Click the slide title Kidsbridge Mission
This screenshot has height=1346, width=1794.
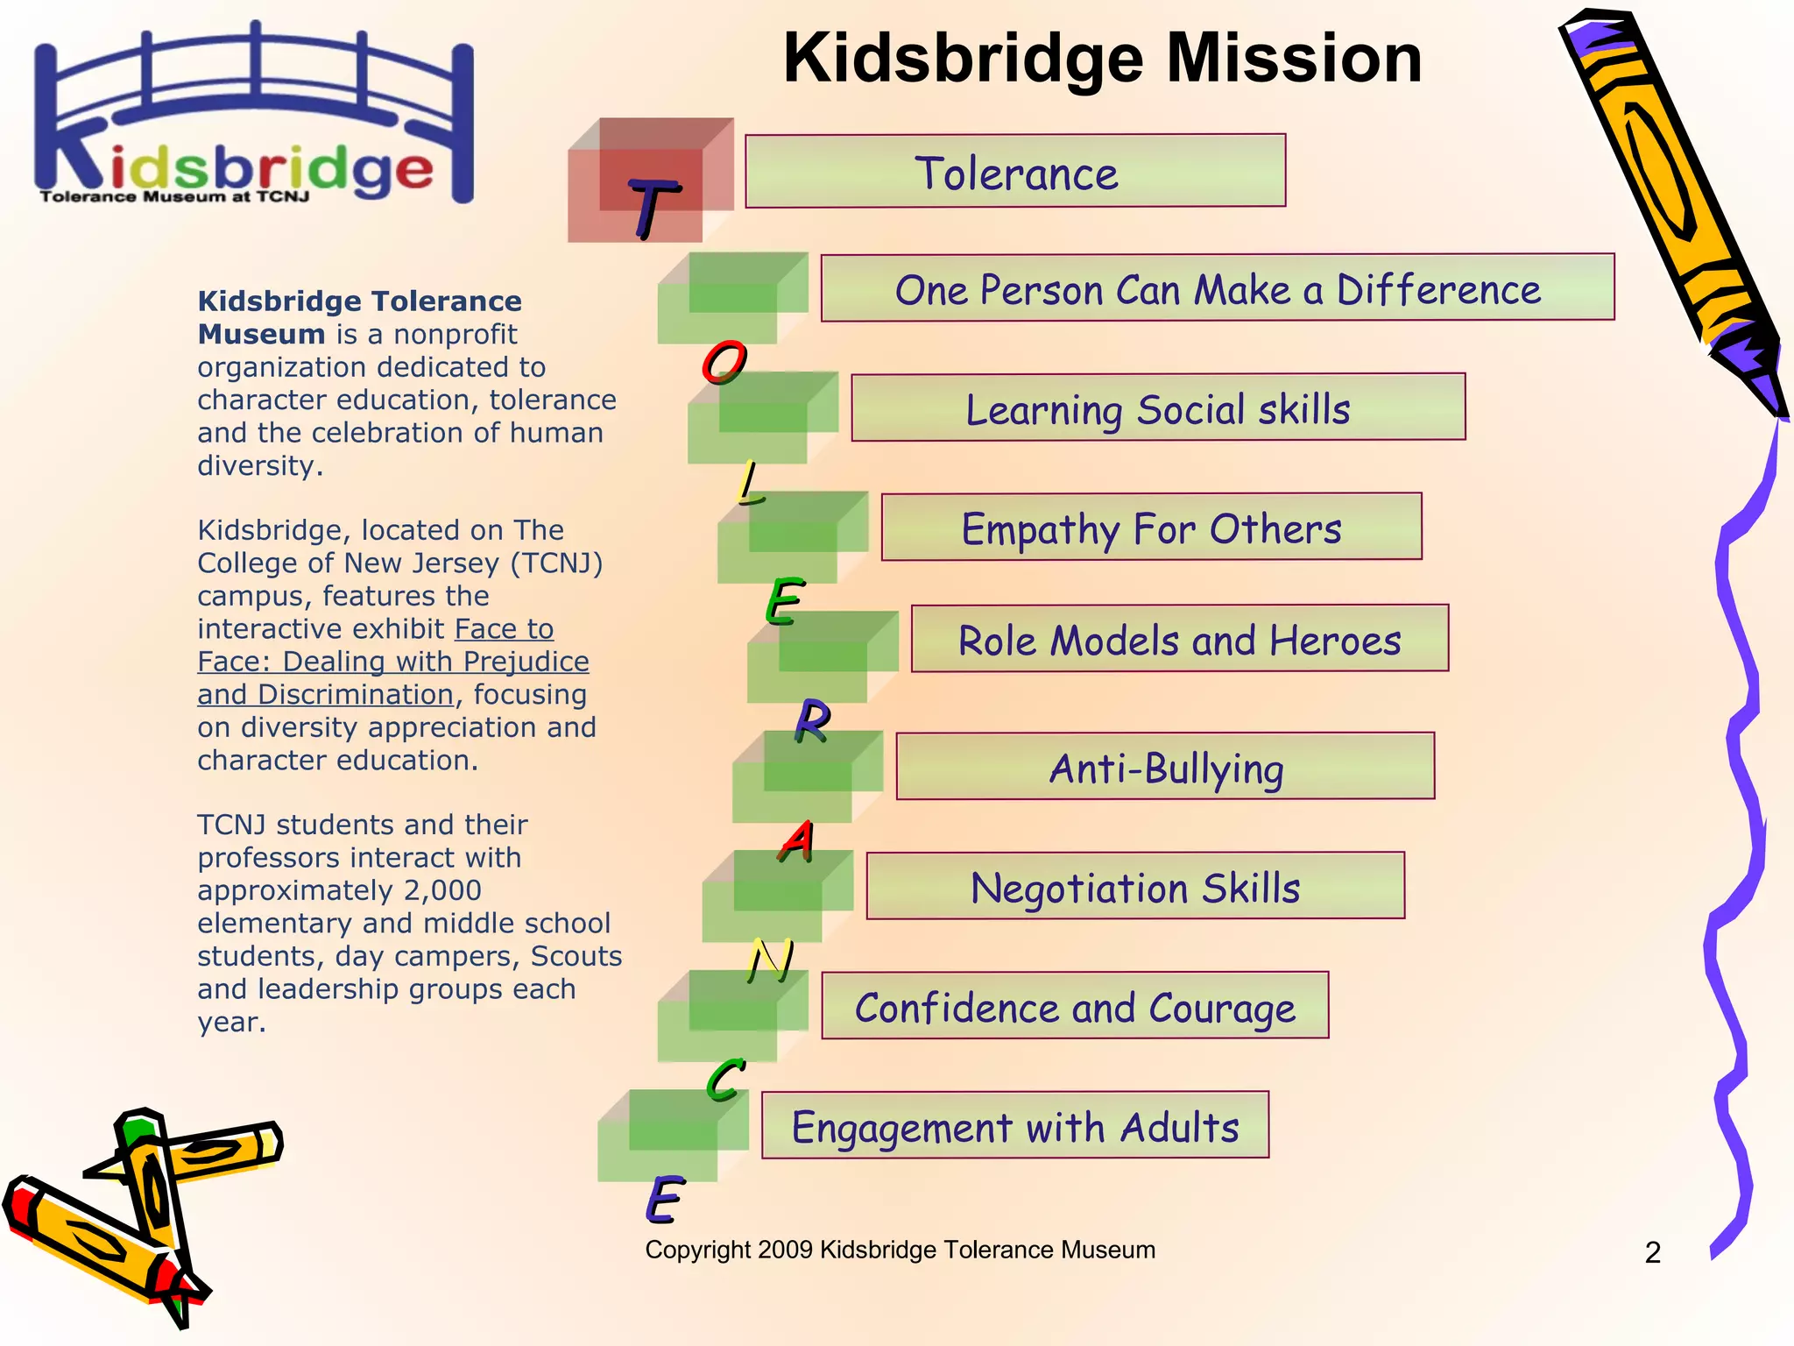coord(1102,58)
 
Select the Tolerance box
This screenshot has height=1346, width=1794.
coord(1015,171)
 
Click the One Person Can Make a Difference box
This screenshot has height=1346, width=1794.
coord(1217,288)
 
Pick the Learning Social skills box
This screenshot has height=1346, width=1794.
coord(1157,407)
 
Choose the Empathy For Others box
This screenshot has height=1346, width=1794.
coord(1151,527)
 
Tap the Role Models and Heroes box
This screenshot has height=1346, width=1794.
coord(1179,639)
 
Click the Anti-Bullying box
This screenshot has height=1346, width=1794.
coord(1165,767)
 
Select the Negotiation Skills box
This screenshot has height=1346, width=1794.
coord(1135,886)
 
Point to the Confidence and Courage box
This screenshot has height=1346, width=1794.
coord(1075,1006)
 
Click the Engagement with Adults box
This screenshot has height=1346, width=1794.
coord(1014,1125)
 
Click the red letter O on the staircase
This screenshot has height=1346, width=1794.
coord(724,362)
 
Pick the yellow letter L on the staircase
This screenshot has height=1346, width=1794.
coord(750,484)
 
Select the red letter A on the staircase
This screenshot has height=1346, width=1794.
coord(797,841)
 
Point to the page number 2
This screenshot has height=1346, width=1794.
coord(1652,1252)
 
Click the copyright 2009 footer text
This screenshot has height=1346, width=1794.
coord(900,1250)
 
